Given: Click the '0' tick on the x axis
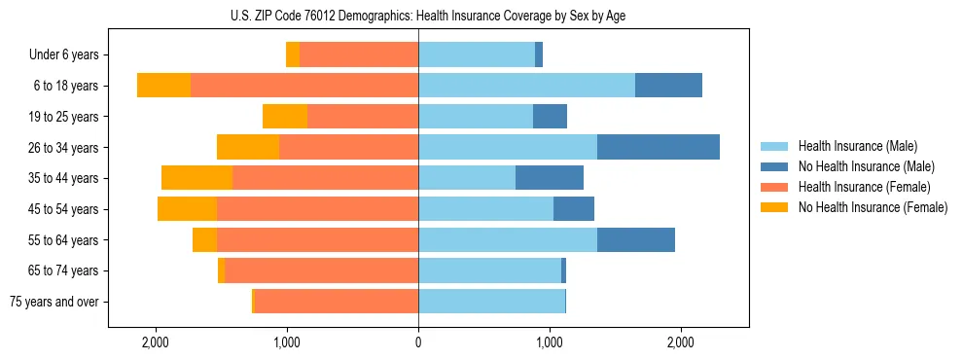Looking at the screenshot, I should point(418,342).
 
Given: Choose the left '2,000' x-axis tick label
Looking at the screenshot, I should point(156,342).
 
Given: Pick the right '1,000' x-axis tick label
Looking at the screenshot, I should point(550,342).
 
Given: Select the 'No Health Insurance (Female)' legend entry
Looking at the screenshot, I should point(873,207).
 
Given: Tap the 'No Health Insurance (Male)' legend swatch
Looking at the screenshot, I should point(775,166).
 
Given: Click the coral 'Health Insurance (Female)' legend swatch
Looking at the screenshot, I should point(775,187).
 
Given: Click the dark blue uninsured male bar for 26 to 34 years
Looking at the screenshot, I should point(659,147).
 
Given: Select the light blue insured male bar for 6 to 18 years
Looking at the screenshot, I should point(526,86).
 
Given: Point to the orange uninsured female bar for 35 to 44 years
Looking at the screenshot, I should point(196,178).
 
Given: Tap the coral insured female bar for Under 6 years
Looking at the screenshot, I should point(359,54).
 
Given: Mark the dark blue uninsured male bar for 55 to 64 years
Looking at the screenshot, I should point(636,239).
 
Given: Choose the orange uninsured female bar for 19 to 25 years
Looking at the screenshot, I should point(285,117).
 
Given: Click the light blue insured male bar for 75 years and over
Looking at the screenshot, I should point(491,302).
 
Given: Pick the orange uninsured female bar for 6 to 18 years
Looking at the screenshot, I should point(163,86).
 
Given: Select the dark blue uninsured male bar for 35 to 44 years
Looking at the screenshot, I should point(550,178).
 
